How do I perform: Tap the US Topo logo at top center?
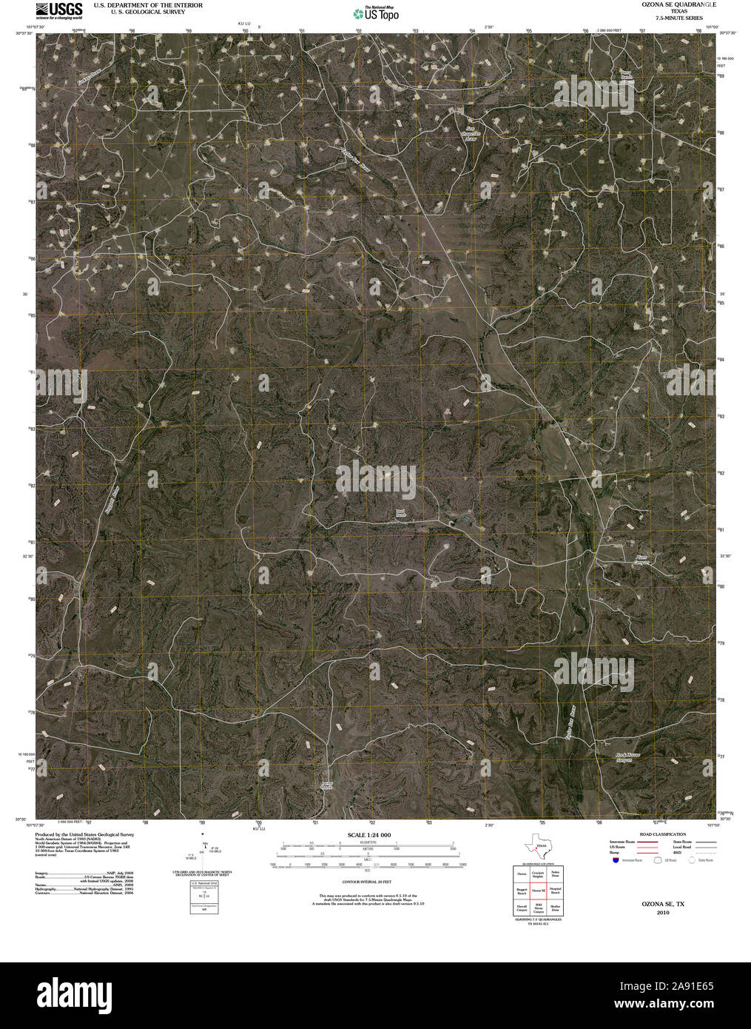376,13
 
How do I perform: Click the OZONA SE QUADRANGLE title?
674,4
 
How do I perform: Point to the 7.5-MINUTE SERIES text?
674,18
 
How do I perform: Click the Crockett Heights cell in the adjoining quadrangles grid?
538,874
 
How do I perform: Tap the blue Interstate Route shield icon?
616,860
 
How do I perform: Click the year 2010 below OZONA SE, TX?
662,913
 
